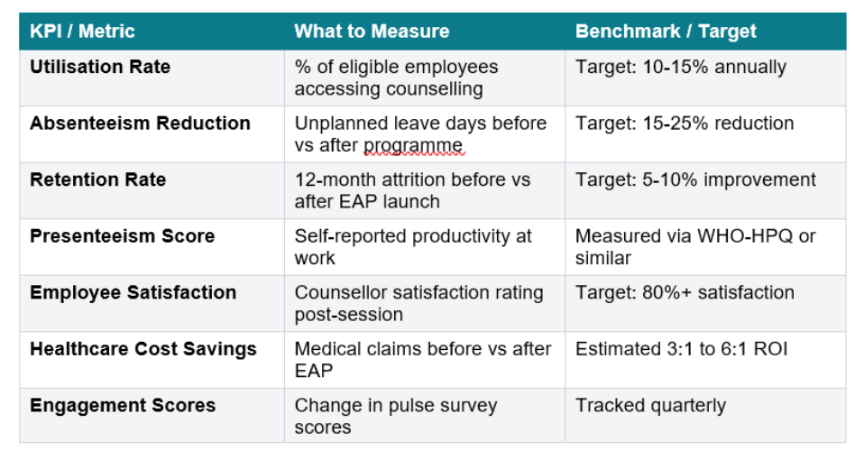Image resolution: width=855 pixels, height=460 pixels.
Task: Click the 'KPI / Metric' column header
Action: click(82, 32)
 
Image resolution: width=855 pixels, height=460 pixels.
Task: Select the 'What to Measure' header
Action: click(372, 32)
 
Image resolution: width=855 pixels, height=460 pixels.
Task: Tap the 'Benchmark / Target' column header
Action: click(665, 32)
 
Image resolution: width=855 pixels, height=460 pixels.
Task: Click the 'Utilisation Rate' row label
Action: click(100, 67)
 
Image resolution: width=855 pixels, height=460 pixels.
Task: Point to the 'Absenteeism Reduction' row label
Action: click(140, 124)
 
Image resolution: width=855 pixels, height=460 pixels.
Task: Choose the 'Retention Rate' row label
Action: click(97, 179)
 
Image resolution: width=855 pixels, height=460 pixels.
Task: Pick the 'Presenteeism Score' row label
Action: click(122, 236)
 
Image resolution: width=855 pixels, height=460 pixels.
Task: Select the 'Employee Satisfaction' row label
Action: click(133, 292)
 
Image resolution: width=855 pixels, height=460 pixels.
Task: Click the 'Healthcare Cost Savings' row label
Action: click(142, 349)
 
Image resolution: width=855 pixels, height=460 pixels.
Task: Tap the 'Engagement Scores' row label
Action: click(123, 405)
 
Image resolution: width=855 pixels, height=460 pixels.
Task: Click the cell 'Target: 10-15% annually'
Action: click(681, 68)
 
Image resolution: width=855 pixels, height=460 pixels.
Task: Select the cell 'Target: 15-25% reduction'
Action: click(685, 124)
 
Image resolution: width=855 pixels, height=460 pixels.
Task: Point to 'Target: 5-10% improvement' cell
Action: click(695, 179)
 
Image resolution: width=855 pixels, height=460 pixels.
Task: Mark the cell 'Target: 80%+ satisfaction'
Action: click(685, 292)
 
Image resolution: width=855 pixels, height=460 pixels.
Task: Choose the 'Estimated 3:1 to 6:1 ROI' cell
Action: click(682, 348)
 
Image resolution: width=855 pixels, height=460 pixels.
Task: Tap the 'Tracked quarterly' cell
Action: click(650, 405)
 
